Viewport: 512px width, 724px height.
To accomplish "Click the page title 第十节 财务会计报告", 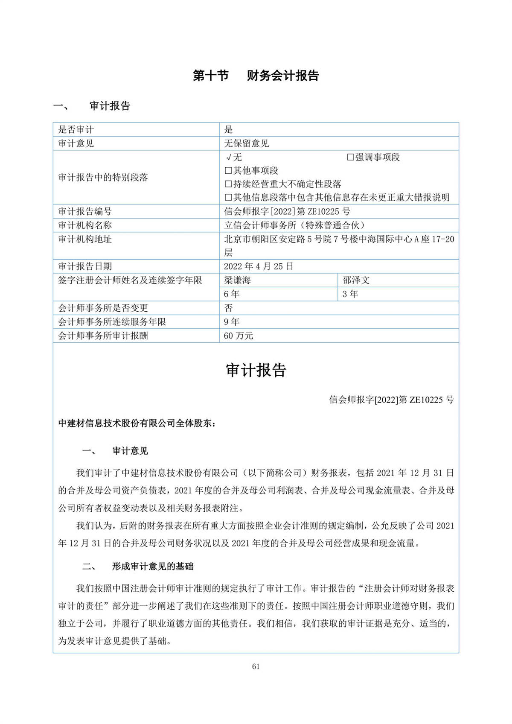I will [256, 76].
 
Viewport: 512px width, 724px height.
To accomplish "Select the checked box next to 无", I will [229, 157].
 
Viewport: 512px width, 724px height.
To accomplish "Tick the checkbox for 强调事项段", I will [350, 157].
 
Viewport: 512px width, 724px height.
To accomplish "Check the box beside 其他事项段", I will [228, 171].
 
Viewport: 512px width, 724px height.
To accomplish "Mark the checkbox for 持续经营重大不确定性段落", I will [228, 184].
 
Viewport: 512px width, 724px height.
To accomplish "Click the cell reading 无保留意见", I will [247, 143].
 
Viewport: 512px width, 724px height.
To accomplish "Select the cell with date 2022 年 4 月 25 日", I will [259, 266].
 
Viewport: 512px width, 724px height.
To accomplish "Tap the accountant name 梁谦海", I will [237, 280].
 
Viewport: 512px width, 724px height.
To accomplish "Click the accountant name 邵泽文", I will [356, 280].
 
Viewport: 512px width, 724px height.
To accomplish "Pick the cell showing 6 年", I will [232, 294].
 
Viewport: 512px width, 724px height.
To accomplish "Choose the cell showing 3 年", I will [350, 294].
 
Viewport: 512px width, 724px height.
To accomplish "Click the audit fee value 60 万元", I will [239, 336].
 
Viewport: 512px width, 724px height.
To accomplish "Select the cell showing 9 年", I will [232, 321].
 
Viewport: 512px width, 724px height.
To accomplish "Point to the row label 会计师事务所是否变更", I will [103, 308].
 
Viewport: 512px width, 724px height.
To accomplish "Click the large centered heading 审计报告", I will [256, 370].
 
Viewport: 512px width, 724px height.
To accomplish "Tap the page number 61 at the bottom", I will [256, 666].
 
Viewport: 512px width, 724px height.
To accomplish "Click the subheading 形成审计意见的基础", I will [152, 566].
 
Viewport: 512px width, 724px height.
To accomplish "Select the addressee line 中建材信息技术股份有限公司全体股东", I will [137, 423].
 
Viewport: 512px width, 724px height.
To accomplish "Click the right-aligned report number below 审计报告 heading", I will [391, 400].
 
